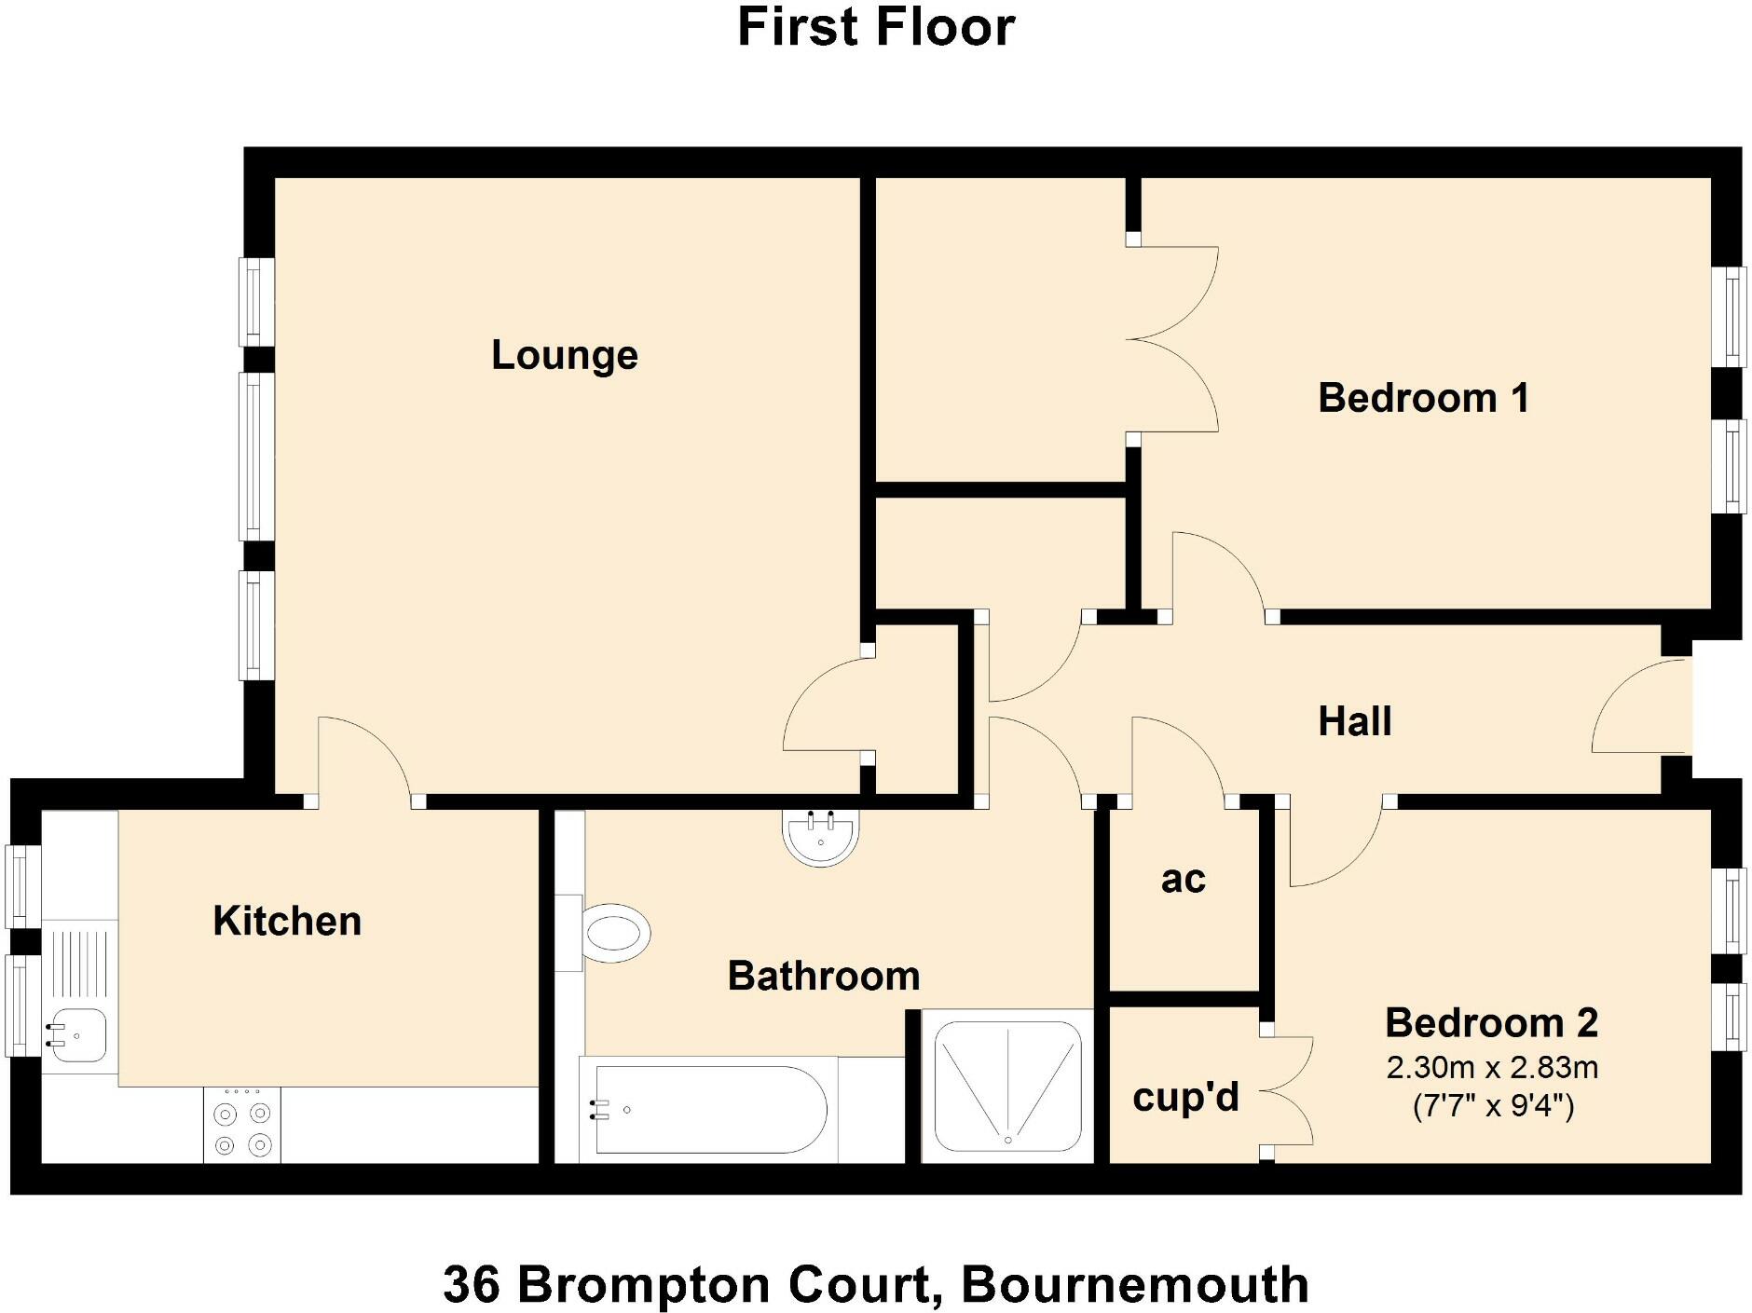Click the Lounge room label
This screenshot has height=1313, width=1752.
pyautogui.click(x=564, y=356)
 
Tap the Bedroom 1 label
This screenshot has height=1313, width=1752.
pyautogui.click(x=1423, y=399)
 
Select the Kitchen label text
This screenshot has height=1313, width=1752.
pyautogui.click(x=287, y=922)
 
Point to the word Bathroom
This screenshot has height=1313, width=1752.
pyautogui.click(x=824, y=977)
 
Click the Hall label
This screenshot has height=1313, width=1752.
pyautogui.click(x=1355, y=722)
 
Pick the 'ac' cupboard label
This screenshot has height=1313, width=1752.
pyautogui.click(x=1183, y=880)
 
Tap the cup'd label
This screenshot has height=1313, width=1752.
pyautogui.click(x=1185, y=1098)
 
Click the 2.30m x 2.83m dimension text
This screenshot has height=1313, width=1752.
pyautogui.click(x=1492, y=1068)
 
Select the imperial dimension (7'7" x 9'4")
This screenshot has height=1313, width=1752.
pyautogui.click(x=1493, y=1106)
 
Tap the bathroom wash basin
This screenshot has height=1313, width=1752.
pyautogui.click(x=821, y=837)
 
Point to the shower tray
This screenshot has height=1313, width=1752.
pyautogui.click(x=1007, y=1087)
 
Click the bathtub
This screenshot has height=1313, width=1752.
pyautogui.click(x=708, y=1109)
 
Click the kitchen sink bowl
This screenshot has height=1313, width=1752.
pyautogui.click(x=78, y=1034)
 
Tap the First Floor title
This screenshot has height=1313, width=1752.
pyautogui.click(x=876, y=27)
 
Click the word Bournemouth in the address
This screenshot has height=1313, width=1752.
pyautogui.click(x=1134, y=1285)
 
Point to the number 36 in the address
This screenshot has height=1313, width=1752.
pyautogui.click(x=471, y=1285)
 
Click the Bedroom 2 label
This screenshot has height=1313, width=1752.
pyautogui.click(x=1491, y=1024)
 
